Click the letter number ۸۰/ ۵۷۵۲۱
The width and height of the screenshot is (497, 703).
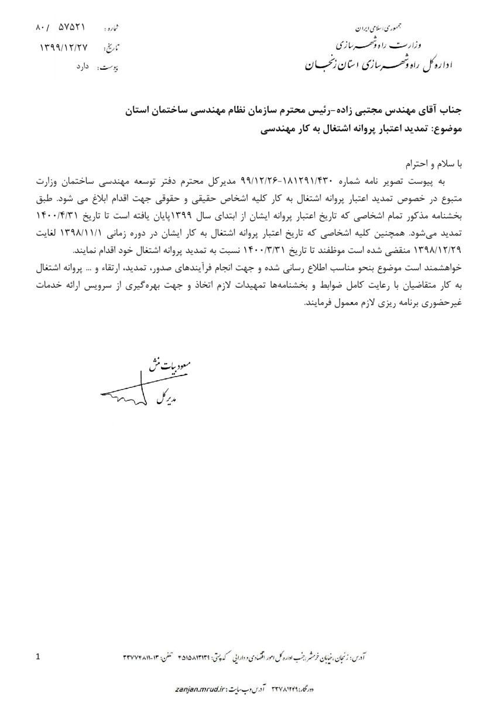coord(61,27)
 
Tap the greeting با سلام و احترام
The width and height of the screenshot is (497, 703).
coord(434,159)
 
